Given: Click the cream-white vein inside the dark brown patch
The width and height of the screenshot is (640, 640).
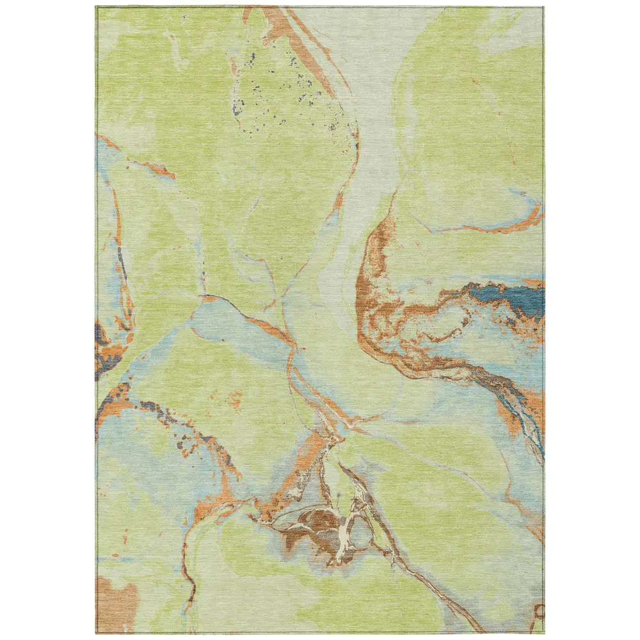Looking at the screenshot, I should (346, 531).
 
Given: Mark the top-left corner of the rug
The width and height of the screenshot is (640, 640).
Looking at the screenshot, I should (96, 7).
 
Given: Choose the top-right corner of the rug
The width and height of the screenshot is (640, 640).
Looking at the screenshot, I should (545, 7).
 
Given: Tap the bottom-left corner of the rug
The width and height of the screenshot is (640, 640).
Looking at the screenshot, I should (96, 633).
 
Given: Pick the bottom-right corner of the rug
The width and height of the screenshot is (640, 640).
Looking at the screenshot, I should (545, 633).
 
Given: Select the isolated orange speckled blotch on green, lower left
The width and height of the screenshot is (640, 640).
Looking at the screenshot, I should (234, 400).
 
